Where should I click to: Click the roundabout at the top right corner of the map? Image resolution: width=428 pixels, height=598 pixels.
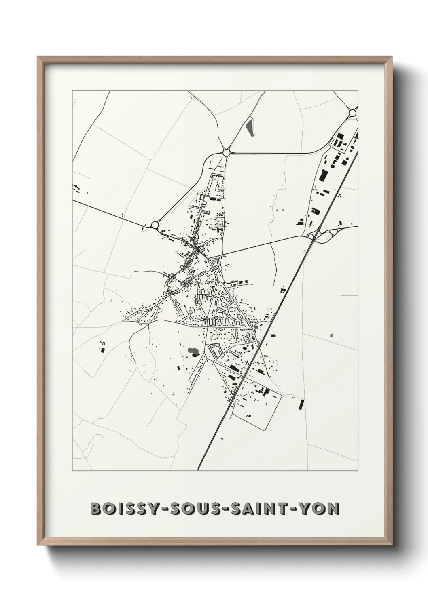353,113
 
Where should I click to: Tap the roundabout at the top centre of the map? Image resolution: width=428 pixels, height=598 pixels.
226,152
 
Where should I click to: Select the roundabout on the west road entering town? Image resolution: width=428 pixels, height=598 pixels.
155,225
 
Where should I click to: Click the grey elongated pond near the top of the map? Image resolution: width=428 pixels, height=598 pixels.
249,126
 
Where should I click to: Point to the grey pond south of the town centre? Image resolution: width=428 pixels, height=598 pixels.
193,351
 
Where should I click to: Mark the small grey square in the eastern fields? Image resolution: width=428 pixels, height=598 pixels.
331,335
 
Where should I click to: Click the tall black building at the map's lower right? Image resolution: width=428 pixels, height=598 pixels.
301,404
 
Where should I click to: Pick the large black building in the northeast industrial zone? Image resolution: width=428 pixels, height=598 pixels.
323,175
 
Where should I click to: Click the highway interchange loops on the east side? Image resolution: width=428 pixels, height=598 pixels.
324,234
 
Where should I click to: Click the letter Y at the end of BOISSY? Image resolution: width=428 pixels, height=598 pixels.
148,508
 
